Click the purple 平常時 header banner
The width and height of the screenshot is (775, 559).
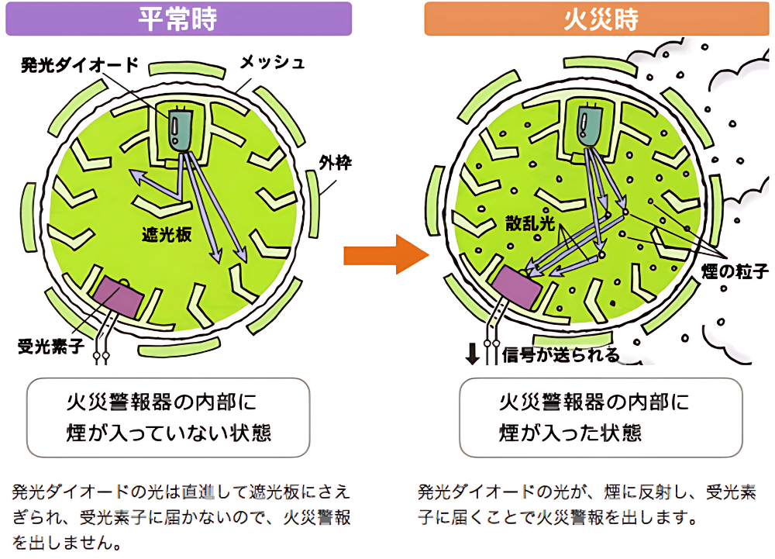(178, 19)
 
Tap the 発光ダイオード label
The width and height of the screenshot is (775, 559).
(79, 64)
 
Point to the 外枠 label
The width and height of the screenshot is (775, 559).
(335, 163)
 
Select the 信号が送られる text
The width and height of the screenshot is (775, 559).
(561, 355)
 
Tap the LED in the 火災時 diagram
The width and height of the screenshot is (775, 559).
(593, 124)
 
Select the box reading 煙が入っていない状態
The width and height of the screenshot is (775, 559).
(168, 417)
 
